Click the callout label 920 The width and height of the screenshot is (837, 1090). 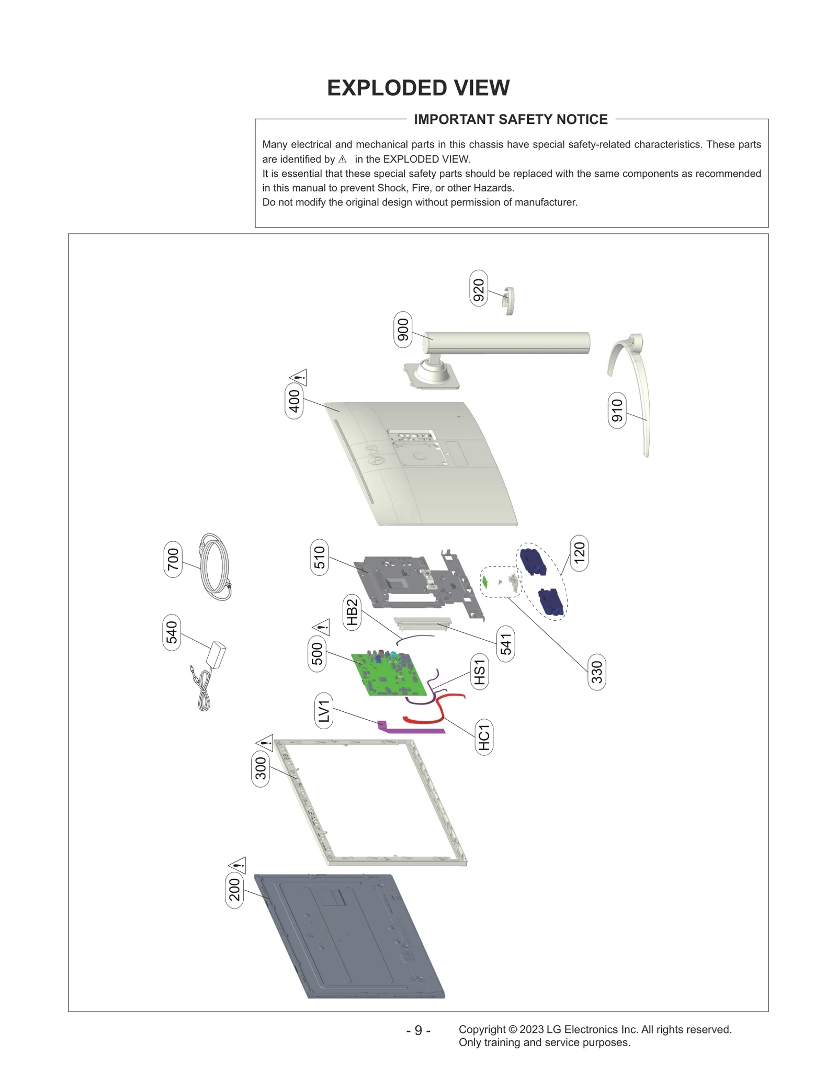[479, 288]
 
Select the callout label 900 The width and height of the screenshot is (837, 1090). [403, 330]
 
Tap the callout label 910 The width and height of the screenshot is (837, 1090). [617, 410]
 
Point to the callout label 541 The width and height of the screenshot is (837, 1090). [505, 644]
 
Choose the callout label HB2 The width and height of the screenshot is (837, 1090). [352, 612]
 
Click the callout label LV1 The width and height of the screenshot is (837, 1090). [324, 710]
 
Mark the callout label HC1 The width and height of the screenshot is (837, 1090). [484, 737]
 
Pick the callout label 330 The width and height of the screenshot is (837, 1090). [597, 672]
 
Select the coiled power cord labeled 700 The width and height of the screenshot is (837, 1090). [214, 567]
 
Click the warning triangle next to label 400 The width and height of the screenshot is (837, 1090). [299, 377]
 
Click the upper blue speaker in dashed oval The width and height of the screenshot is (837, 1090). [533, 561]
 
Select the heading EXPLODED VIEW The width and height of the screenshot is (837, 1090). [418, 88]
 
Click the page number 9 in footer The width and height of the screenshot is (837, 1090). [418, 1030]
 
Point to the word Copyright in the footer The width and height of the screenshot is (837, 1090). [482, 1029]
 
